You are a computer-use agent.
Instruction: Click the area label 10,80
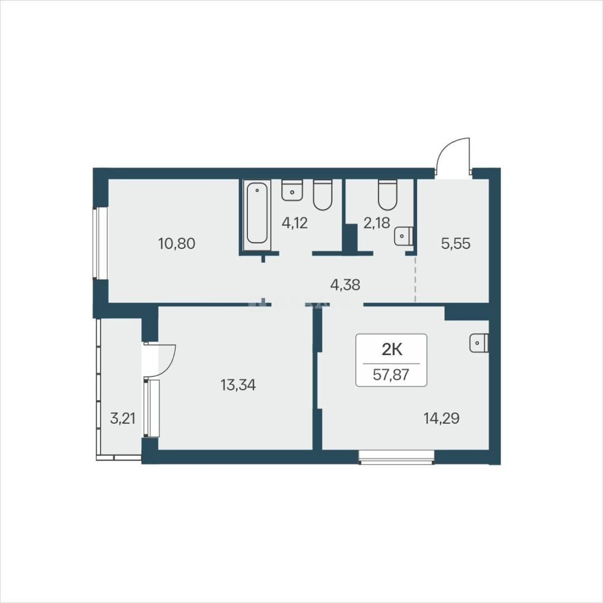(177, 243)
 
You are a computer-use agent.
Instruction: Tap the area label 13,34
(238, 385)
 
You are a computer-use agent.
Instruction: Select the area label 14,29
(442, 418)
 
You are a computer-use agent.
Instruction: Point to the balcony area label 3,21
(123, 418)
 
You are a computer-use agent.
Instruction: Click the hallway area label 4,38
(346, 285)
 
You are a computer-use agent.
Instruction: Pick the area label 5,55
(456, 243)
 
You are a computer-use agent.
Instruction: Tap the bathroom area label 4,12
(295, 223)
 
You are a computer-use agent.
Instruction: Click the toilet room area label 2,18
(376, 223)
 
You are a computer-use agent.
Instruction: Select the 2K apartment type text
(391, 350)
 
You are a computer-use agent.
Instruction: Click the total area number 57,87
(391, 374)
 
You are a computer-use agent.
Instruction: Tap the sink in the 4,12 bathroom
(292, 190)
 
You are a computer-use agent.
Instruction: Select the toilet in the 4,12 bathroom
(322, 195)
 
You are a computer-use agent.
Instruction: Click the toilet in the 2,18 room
(387, 195)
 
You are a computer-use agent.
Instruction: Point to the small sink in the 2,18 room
(404, 236)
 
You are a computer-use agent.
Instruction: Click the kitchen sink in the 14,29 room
(479, 343)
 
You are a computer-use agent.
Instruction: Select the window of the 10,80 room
(100, 243)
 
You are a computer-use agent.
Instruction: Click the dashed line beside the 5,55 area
(415, 280)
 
